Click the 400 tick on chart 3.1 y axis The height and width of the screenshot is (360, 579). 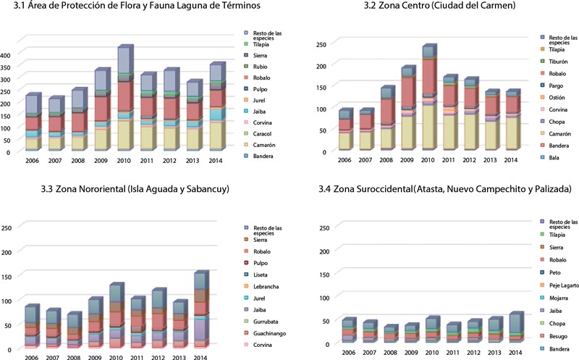7,55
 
